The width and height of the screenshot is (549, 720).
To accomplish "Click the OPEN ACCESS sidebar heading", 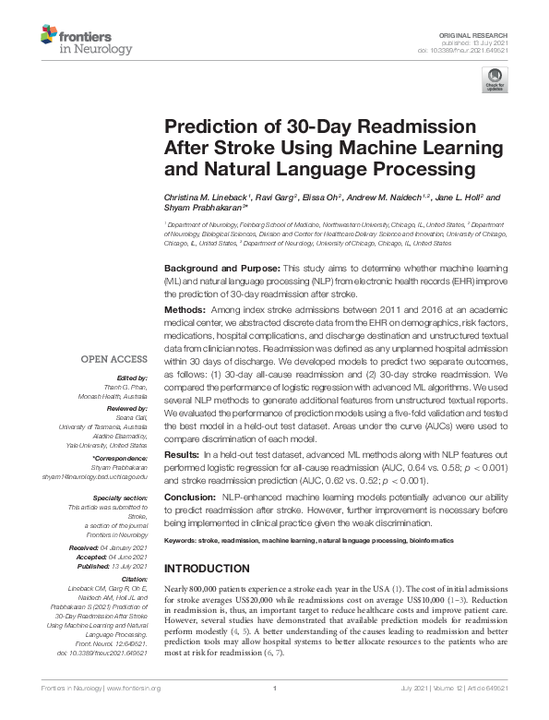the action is pos(115,359).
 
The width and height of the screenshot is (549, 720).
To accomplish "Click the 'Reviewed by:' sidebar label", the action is pos(128,408).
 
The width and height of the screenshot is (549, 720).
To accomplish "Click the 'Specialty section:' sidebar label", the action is pos(122,497).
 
